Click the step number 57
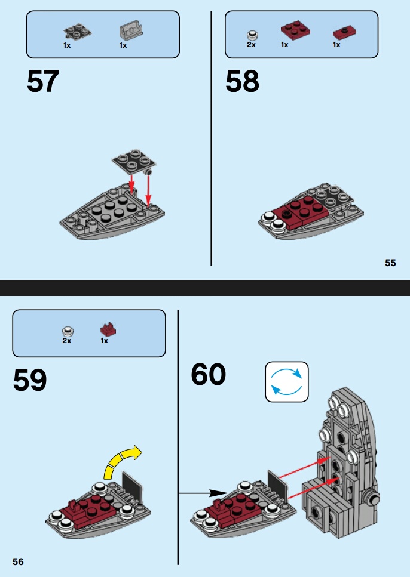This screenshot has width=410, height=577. (43, 82)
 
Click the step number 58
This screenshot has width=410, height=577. (242, 82)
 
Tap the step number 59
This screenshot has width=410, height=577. (30, 380)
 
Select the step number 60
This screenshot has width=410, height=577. (209, 374)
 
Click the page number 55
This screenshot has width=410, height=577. (390, 263)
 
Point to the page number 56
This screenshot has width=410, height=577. (18, 561)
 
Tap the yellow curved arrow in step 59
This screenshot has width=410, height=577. (123, 463)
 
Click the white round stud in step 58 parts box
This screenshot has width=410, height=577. (252, 34)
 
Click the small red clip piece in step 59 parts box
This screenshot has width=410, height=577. (108, 329)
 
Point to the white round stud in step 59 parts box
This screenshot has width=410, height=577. (67, 331)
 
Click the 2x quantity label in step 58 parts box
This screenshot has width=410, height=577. (251, 45)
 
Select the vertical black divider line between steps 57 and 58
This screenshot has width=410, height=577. (212, 137)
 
